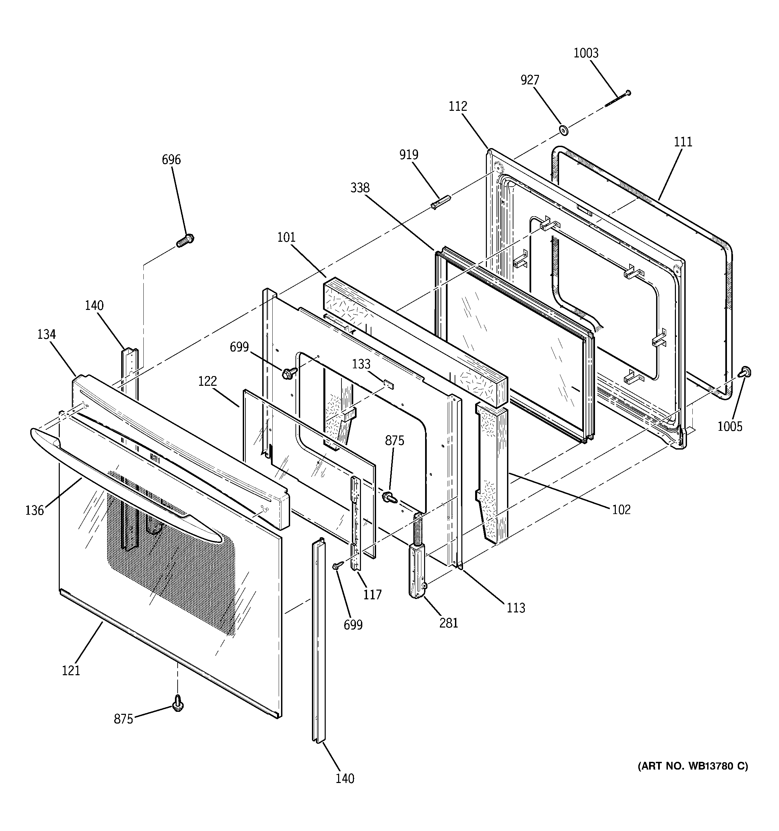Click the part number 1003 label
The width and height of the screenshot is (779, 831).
click(x=586, y=53)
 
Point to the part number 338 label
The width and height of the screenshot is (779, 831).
click(x=360, y=188)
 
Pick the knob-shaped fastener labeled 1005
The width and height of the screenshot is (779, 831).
click(x=745, y=371)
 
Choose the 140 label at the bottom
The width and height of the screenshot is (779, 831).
click(x=345, y=779)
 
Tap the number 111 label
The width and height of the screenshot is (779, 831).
click(x=683, y=142)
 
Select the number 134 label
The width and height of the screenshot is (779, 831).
click(x=46, y=334)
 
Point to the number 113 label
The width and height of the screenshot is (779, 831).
click(x=515, y=608)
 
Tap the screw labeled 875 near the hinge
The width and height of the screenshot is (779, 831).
click(x=390, y=497)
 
